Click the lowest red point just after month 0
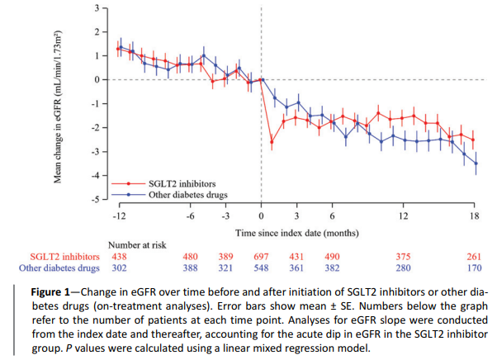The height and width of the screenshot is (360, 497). tap(272, 142)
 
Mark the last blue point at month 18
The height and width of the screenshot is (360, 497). tap(475, 163)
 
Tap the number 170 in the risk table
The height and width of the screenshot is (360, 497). tap(474, 268)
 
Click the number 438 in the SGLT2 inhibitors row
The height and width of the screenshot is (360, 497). tap(120, 256)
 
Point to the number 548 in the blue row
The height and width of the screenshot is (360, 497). tap(262, 268)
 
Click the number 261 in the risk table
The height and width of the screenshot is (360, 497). tap(474, 256)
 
